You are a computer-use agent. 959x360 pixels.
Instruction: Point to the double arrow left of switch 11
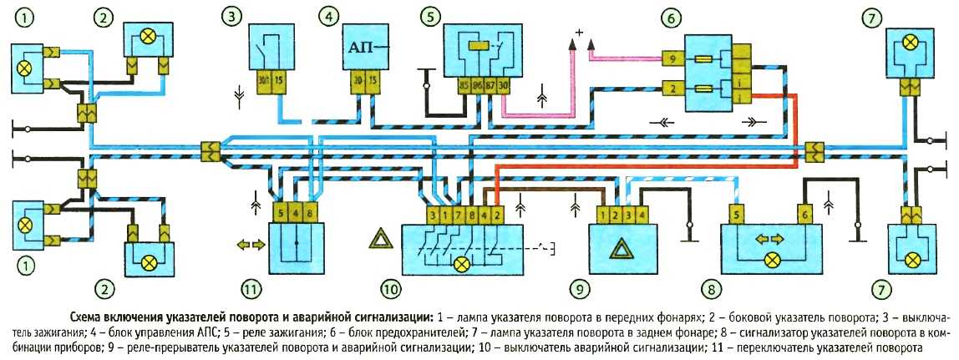251,245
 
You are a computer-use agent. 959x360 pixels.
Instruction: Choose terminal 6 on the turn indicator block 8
804,214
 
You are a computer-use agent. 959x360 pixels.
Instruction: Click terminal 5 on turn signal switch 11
280,213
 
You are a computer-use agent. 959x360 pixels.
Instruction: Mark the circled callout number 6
672,18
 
